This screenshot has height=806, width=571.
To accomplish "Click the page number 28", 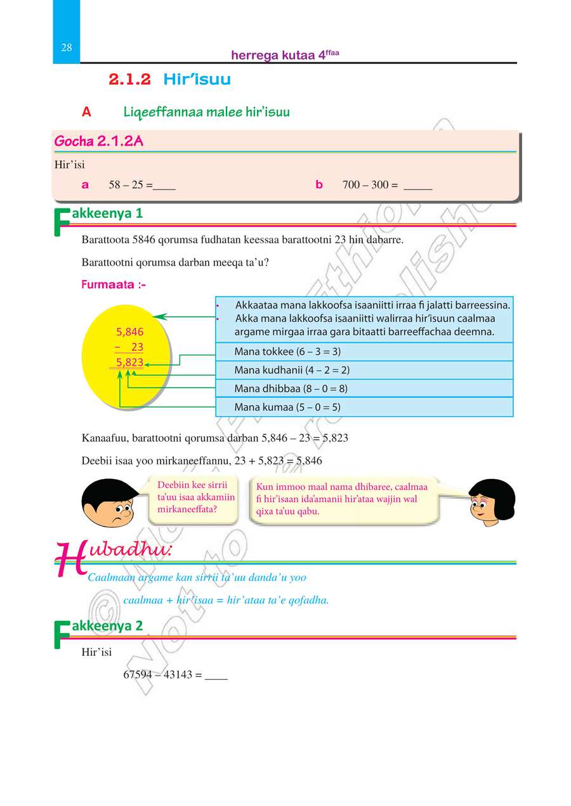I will click(67, 48).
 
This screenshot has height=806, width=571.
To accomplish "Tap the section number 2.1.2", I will click(129, 80).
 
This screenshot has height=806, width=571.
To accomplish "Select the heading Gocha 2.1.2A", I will click(99, 141).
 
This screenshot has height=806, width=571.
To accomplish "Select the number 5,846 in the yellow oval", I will click(130, 331).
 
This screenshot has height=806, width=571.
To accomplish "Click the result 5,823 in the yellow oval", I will click(130, 362).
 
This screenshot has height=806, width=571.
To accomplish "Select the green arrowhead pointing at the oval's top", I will click(159, 316).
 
